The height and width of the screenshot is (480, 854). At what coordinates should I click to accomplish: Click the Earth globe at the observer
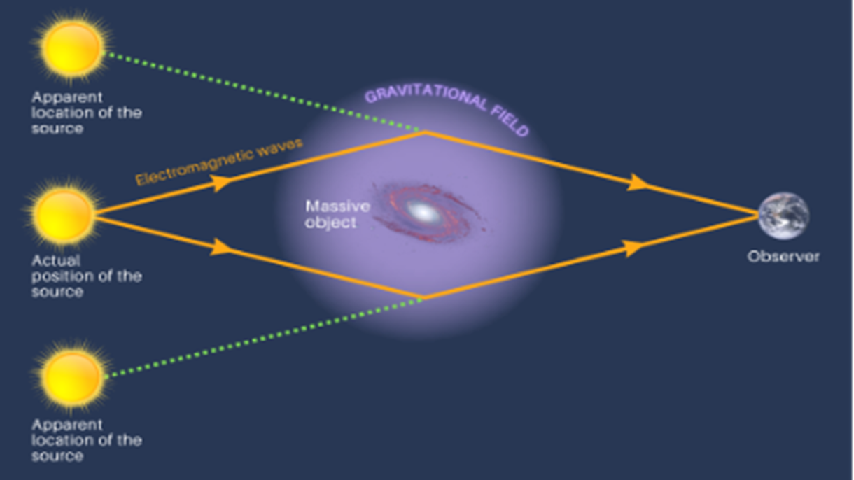(x=783, y=216)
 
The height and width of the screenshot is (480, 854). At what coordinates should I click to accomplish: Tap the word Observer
(x=783, y=257)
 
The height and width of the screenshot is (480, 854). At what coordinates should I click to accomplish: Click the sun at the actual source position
(x=63, y=215)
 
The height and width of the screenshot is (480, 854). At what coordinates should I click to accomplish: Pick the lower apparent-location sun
(x=71, y=376)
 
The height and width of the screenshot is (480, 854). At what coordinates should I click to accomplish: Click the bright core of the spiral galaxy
(x=423, y=211)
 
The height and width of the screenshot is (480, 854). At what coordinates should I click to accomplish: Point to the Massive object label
(x=338, y=214)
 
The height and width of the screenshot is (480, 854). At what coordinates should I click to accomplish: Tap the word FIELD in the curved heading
(x=510, y=121)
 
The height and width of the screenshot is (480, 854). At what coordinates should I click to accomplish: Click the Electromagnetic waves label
(x=219, y=162)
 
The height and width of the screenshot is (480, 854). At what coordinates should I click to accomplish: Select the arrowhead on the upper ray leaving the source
(x=220, y=183)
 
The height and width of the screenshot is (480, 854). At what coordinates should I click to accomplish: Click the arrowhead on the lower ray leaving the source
(x=221, y=247)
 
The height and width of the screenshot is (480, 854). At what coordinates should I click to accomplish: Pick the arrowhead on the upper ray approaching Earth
(x=638, y=182)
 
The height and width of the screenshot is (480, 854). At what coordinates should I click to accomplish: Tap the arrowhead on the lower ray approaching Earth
(x=634, y=248)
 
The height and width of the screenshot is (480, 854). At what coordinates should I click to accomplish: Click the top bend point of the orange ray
(x=425, y=132)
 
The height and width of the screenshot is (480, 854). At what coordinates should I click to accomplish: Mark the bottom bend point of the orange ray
(x=423, y=298)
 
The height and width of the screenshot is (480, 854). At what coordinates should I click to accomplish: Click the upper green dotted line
(x=263, y=92)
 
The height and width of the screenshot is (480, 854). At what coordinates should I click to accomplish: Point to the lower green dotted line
(x=263, y=338)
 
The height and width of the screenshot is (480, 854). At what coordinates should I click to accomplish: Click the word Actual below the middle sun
(x=56, y=261)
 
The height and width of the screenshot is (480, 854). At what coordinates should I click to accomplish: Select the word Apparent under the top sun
(x=67, y=98)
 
